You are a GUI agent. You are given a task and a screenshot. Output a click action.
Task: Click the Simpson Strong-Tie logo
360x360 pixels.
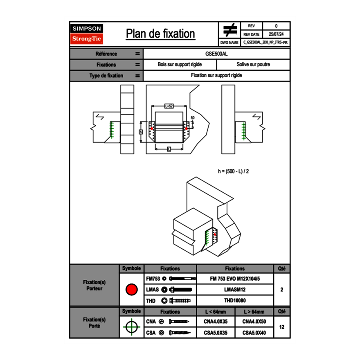(87, 34)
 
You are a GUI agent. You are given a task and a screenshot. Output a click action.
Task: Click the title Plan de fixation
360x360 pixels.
(160, 34)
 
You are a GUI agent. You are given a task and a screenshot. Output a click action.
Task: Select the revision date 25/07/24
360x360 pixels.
(276, 34)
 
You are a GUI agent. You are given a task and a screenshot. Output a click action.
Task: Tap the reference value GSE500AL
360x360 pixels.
(216, 54)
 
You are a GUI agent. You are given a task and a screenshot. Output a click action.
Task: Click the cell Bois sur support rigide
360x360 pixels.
(180, 65)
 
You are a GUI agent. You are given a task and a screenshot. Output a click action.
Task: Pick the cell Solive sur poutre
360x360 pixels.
(253, 65)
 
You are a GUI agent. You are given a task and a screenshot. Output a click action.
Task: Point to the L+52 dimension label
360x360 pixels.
(169, 106)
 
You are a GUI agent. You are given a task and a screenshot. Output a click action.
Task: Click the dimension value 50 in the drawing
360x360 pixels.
(193, 118)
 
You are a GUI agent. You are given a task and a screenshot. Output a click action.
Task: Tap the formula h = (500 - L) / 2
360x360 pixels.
(234, 171)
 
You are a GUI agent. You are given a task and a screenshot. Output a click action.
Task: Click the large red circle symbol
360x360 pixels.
(131, 290)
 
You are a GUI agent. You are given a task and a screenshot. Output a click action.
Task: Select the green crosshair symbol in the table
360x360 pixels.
(131, 327)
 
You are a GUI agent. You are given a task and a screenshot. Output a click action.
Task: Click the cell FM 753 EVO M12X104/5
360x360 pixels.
(235, 279)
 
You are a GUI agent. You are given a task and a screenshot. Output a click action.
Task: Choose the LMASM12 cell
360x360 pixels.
(235, 290)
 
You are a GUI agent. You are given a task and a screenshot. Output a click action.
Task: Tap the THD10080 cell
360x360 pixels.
(235, 301)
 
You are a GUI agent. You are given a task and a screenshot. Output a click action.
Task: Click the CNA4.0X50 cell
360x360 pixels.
(254, 322)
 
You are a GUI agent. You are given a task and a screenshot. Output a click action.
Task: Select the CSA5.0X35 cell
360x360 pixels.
(216, 333)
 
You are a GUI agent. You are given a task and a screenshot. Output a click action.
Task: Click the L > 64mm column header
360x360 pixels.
(254, 312)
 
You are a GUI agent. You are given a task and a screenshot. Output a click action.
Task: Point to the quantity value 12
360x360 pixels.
(281, 327)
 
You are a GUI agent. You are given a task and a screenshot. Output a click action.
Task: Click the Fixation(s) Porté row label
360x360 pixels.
(94, 323)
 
